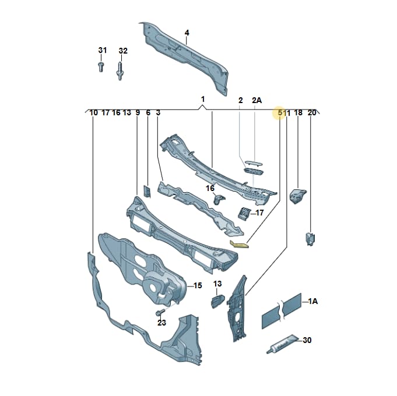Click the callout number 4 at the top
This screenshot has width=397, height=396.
187,33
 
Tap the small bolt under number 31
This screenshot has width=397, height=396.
101,66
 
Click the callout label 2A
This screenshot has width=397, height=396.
257,100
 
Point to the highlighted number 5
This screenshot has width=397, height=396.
280,112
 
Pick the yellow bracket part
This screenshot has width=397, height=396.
239,244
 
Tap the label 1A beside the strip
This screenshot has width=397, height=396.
312,301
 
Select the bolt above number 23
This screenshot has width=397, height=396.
160,312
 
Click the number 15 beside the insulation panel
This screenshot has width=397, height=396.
198,285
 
